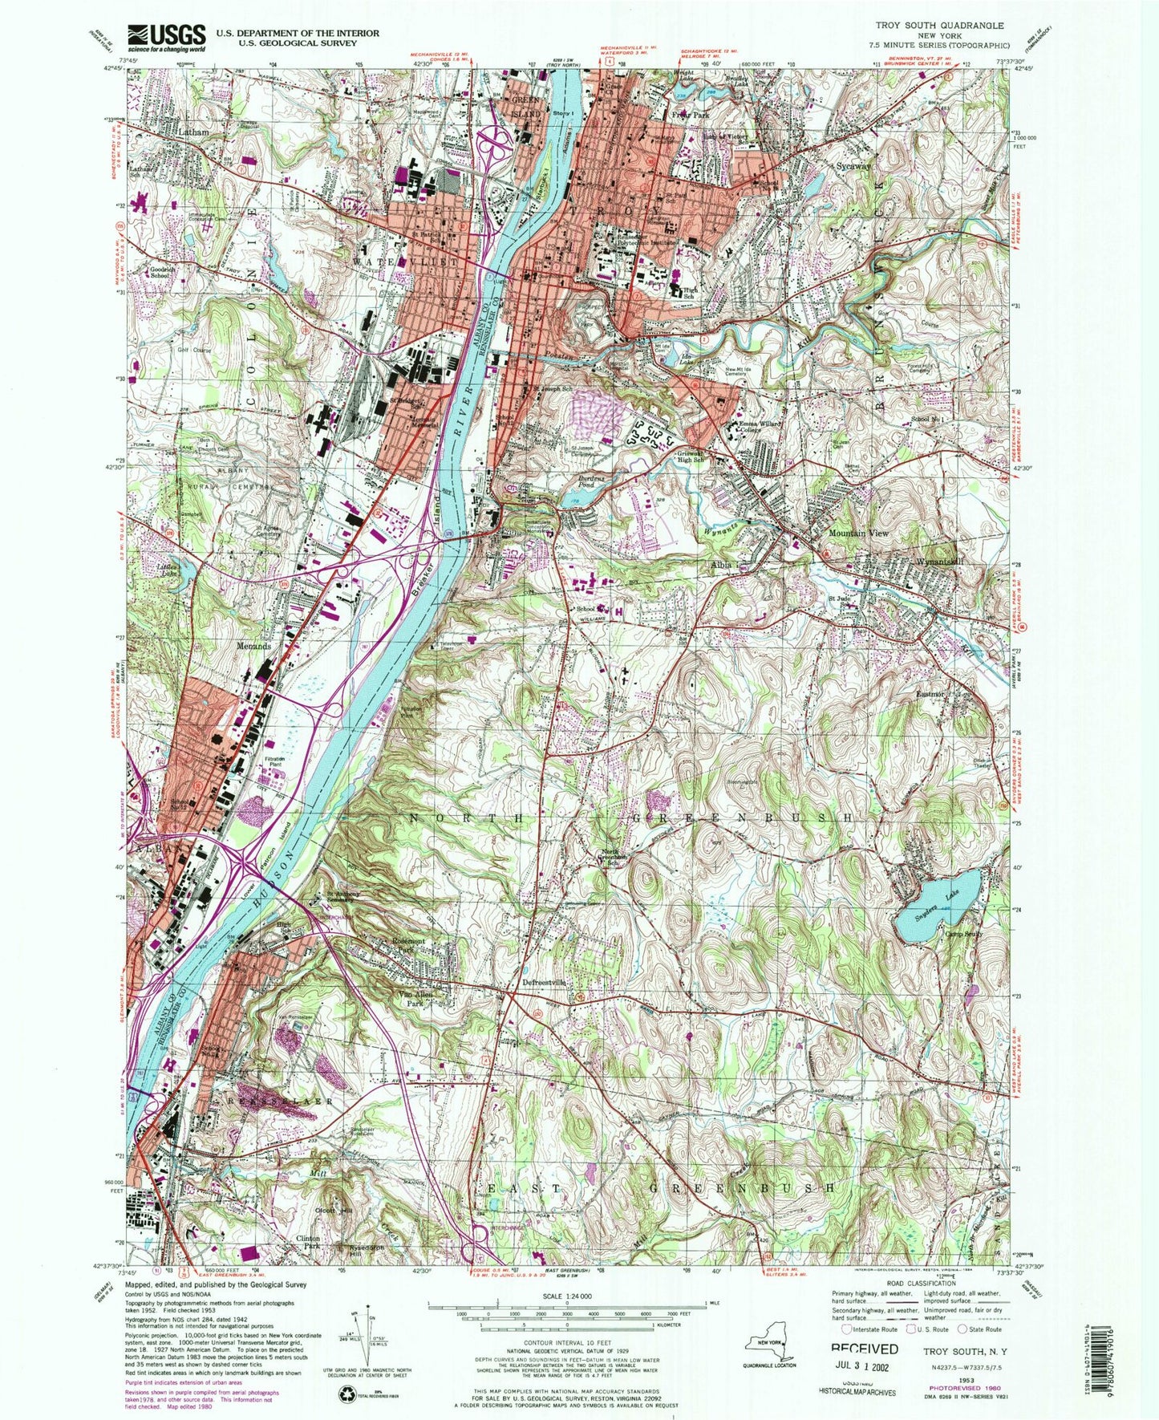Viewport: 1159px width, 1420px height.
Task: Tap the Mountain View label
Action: (x=858, y=534)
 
